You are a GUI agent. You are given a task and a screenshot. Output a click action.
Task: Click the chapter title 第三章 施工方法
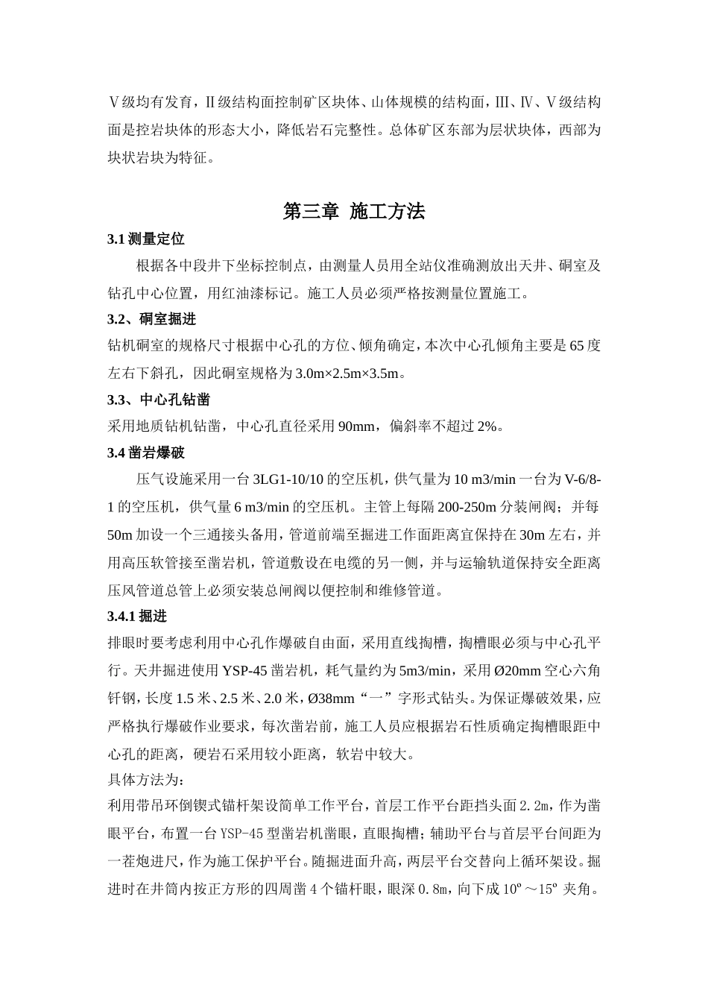[354, 212]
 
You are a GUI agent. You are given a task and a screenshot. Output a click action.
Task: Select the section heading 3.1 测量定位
[145, 239]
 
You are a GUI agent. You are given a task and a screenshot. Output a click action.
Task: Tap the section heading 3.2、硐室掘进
[151, 319]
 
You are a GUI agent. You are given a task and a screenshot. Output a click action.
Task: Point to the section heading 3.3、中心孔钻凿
[158, 400]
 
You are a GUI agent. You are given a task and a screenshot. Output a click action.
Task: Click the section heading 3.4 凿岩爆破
[145, 453]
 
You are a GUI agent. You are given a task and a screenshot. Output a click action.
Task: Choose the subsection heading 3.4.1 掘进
[137, 616]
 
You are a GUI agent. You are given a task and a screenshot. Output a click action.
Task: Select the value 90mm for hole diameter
[355, 426]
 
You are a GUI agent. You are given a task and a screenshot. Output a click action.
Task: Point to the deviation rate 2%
[486, 426]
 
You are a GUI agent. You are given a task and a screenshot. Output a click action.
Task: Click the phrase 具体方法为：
[145, 780]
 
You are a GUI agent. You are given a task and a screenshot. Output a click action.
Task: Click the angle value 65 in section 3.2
[575, 346]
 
